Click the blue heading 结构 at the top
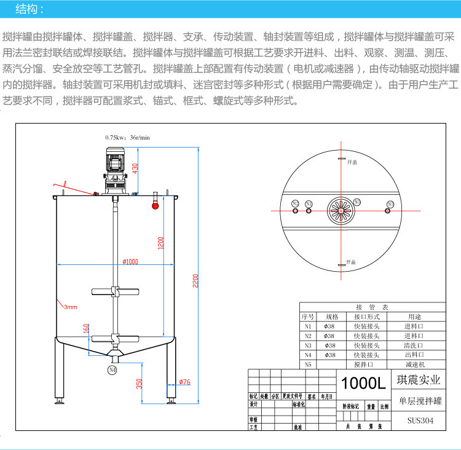[x=29, y=9]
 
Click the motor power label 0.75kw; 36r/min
[x=128, y=138]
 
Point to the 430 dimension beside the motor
[x=135, y=167]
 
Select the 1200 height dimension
[x=161, y=242]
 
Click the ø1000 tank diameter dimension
[x=130, y=261]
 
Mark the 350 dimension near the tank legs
[x=139, y=383]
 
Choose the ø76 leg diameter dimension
[x=184, y=382]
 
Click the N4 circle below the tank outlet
[x=112, y=370]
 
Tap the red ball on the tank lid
[x=155, y=206]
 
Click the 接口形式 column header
[x=366, y=317]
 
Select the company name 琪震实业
[x=419, y=381]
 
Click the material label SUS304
[x=419, y=422]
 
